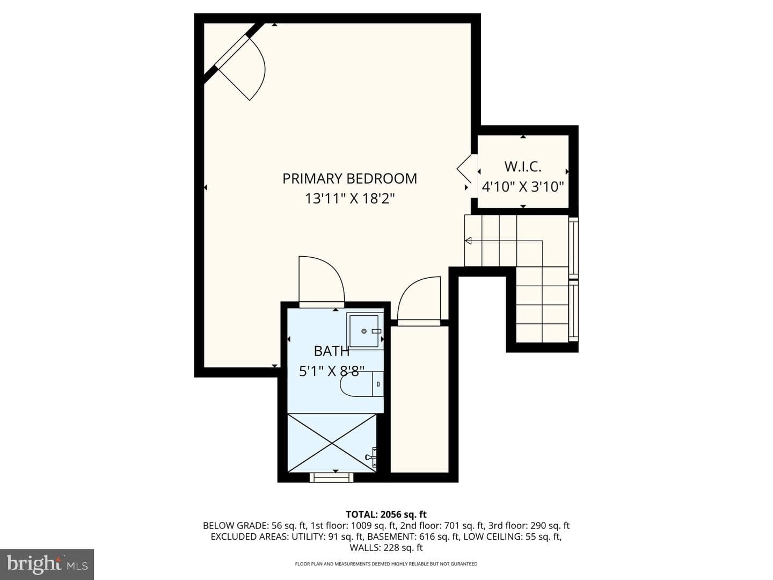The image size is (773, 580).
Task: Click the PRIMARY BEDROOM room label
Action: click(349, 178)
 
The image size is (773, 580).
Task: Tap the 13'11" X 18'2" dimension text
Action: click(349, 199)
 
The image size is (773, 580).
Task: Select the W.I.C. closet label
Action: click(523, 166)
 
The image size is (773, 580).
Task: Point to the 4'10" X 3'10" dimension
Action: click(523, 186)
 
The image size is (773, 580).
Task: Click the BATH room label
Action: click(331, 351)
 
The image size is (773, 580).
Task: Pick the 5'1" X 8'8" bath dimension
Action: click(331, 371)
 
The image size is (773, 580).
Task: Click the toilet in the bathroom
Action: click(362, 383)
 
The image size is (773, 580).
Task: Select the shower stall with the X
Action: click(332, 443)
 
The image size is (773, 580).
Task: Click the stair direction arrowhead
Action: click(469, 241)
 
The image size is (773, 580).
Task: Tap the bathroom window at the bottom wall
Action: click(331, 477)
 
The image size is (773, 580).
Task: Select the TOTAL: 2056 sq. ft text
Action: click(386, 514)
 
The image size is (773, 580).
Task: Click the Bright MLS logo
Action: click(47, 564)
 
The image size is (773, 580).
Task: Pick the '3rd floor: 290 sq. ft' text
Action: click(529, 526)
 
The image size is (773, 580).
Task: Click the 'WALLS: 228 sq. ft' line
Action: click(386, 548)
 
